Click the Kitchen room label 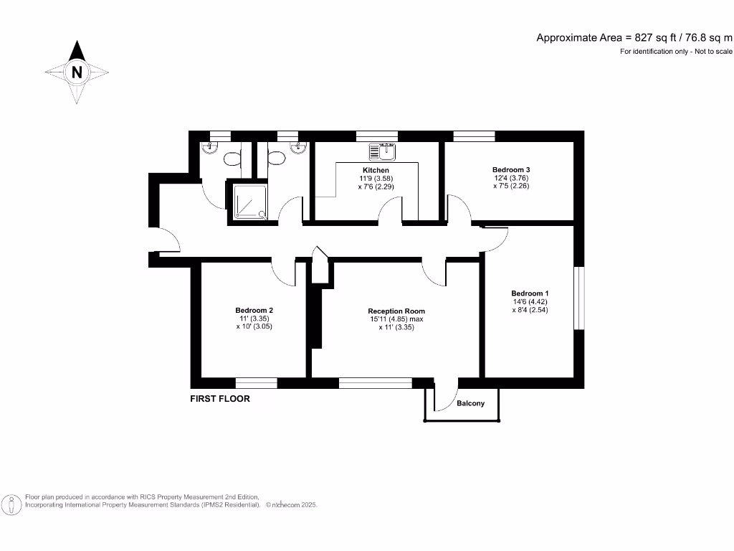click(x=376, y=170)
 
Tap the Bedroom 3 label click(x=510, y=169)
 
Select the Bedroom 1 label click(x=530, y=293)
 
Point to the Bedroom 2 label click(x=254, y=311)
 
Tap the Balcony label click(x=470, y=403)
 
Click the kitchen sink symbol click(x=382, y=151)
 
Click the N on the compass click(x=77, y=72)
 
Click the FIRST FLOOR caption click(x=220, y=399)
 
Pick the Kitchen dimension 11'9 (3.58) click(x=376, y=178)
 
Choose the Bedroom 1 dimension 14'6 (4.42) click(x=530, y=302)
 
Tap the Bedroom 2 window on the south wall click(x=256, y=382)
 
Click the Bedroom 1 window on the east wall click(x=580, y=298)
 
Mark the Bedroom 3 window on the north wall click(x=474, y=136)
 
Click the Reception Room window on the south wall click(x=375, y=382)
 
